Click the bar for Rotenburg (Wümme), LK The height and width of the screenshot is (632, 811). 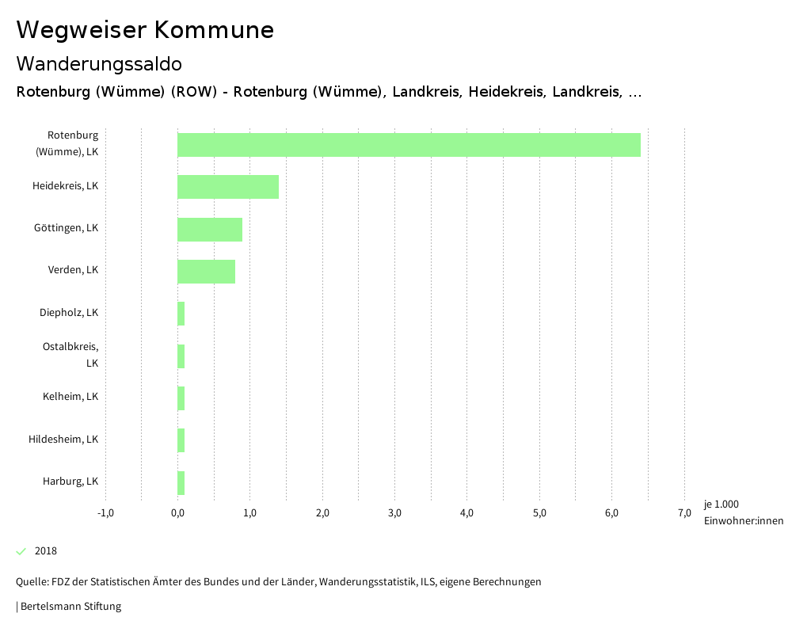pos(409,145)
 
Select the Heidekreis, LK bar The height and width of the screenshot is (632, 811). pos(228,187)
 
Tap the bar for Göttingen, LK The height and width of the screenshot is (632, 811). pos(210,230)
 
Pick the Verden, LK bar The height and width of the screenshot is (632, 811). pos(206,272)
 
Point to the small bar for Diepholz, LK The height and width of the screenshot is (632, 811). pos(181,314)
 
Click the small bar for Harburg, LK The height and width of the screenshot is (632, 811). pos(181,483)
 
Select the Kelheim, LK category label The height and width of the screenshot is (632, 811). pos(70,397)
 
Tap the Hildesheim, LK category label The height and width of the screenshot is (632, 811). pos(63,440)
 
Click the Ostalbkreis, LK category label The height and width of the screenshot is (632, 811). pos(70,355)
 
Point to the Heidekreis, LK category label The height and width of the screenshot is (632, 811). pos(66,186)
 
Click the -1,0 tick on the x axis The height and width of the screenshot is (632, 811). pos(105,513)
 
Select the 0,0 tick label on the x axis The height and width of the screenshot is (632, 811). pos(177,513)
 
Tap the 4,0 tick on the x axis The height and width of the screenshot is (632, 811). pos(467,513)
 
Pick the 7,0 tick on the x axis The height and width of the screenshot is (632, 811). pos(684,513)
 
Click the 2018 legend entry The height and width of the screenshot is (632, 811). pos(46,551)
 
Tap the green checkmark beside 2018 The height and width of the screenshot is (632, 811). pos(21,551)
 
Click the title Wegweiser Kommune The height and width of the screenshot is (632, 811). pos(145,30)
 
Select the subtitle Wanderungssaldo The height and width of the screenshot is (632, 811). pos(99,63)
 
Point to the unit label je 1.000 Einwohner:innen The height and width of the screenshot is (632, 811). pos(743,512)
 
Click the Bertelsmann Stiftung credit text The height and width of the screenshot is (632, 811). pos(70,607)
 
